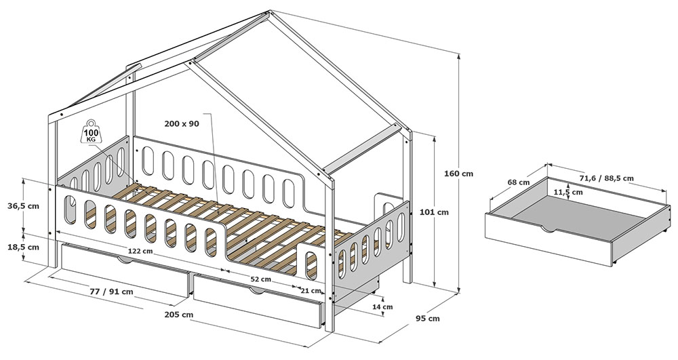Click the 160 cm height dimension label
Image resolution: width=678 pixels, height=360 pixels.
click(x=458, y=174)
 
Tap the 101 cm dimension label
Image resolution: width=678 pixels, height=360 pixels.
click(x=434, y=212)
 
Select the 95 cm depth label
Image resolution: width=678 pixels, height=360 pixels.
click(x=428, y=319)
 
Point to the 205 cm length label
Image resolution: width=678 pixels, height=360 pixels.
click(x=178, y=314)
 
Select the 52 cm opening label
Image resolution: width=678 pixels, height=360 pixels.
click(x=261, y=279)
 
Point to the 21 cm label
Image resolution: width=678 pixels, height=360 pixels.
click(x=311, y=291)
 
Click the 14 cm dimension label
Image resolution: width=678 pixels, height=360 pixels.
click(x=383, y=307)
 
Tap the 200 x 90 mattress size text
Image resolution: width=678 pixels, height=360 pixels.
click(x=182, y=123)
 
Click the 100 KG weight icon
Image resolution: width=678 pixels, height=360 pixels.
click(x=92, y=131)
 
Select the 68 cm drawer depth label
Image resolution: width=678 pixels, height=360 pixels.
click(x=519, y=182)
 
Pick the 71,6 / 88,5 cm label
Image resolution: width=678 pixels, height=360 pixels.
click(x=607, y=178)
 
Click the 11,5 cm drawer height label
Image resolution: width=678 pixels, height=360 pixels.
click(x=568, y=193)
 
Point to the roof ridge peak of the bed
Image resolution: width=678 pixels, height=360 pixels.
click(x=269, y=12)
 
